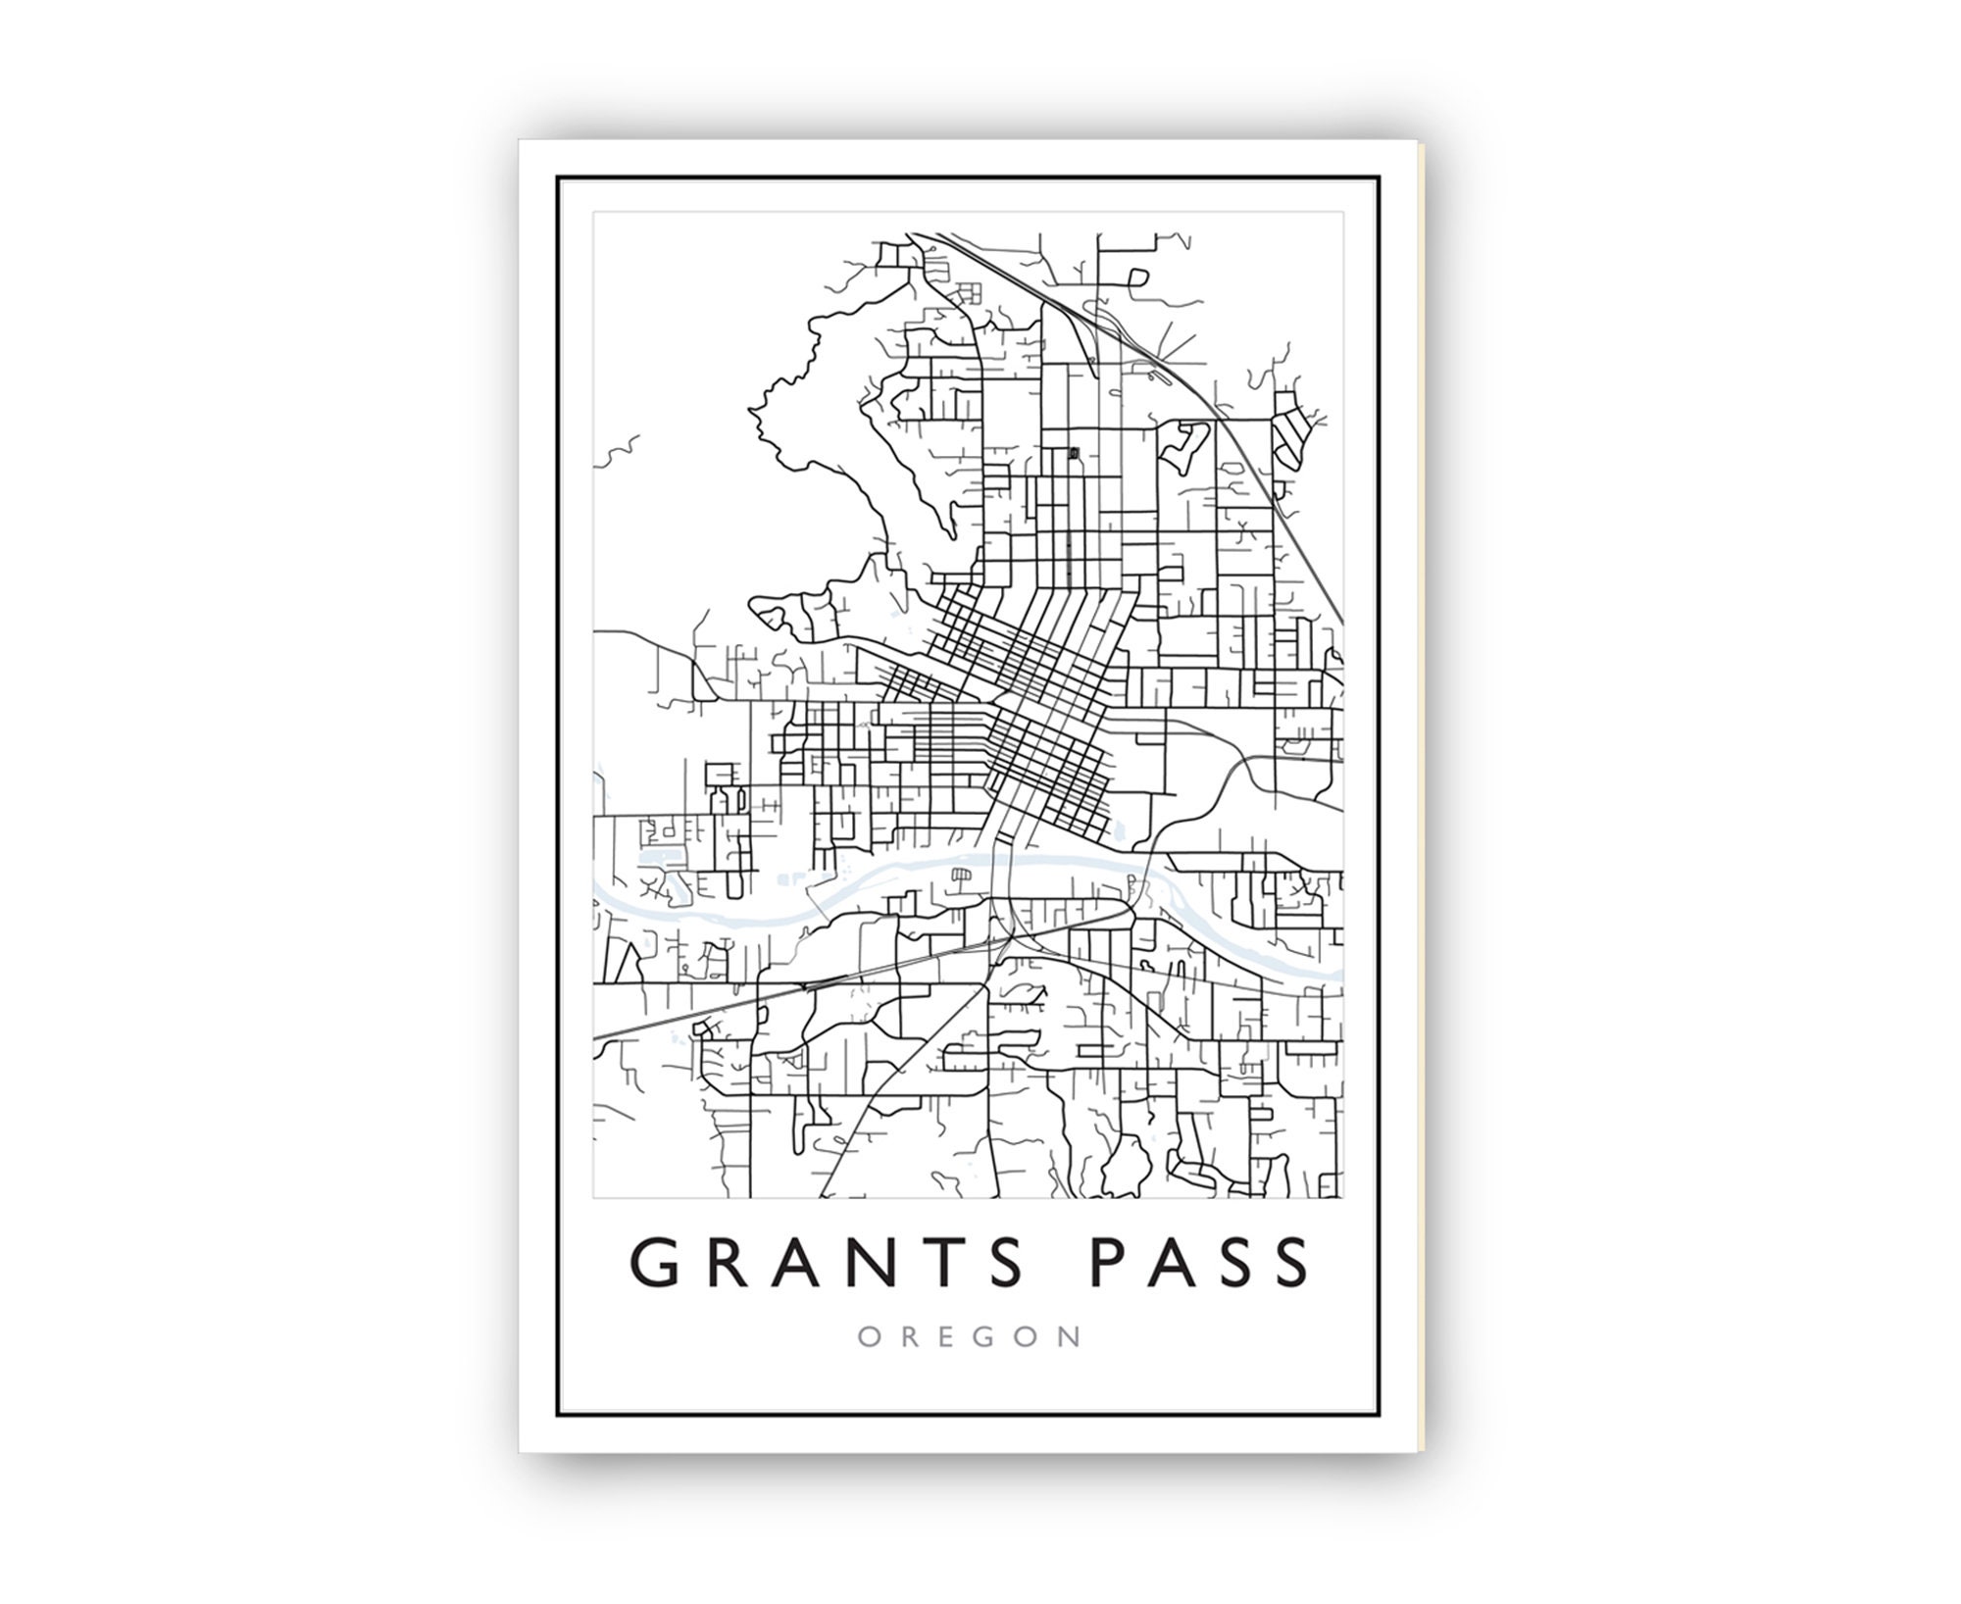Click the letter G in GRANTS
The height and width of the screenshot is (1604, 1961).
(x=655, y=1264)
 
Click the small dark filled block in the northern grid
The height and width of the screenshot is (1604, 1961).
(x=1074, y=453)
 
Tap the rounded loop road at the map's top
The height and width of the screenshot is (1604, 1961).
(x=1136, y=276)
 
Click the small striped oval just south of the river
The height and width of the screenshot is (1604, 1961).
(x=962, y=874)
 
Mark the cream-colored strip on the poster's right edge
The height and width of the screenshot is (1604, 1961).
(x=1422, y=784)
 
